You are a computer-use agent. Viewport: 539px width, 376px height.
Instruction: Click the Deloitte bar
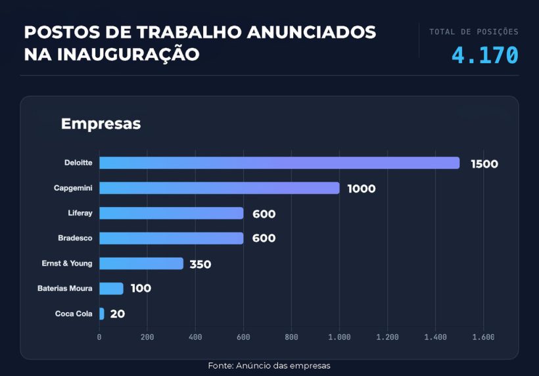pos(279,163)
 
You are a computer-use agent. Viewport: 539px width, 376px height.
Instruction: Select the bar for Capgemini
pos(219,188)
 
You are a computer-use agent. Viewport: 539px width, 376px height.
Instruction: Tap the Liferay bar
pos(171,213)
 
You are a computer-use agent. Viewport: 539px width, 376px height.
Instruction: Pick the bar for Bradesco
pos(171,238)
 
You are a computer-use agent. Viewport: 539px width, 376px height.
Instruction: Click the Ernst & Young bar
pos(141,263)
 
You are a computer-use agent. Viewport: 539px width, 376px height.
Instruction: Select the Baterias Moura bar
pos(111,288)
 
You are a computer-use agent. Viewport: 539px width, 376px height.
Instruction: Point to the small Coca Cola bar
pos(102,314)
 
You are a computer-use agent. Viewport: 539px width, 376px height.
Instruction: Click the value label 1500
pos(484,164)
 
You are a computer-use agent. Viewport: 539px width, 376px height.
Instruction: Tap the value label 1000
pos(361,189)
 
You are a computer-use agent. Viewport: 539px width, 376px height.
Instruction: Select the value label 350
pos(200,264)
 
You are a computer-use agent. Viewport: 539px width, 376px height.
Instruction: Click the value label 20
pos(117,314)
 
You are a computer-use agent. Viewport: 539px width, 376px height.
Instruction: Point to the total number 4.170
pos(485,55)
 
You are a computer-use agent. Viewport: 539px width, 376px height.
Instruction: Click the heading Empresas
pos(101,124)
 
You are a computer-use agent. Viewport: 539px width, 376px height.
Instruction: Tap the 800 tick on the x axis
pos(291,337)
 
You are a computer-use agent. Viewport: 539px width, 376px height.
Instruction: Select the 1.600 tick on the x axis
pos(483,337)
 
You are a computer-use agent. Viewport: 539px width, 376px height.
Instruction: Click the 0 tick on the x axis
pos(99,337)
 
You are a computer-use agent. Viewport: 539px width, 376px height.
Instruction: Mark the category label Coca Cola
pos(74,314)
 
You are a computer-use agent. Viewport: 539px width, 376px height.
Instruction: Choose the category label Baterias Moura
pos(64,288)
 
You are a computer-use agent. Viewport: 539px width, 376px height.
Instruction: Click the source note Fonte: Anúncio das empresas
pos(269,365)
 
